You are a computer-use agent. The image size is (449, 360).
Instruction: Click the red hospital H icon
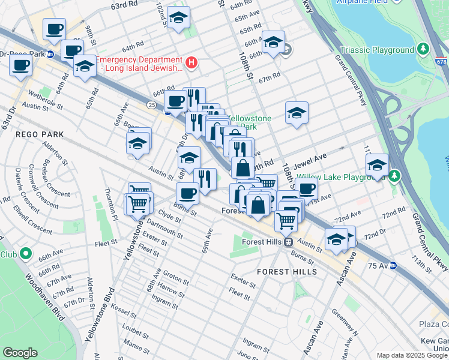tap(191, 62)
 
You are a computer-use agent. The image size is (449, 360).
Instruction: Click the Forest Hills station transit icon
tap(288, 242)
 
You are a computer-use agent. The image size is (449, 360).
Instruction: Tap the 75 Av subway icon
tap(393, 265)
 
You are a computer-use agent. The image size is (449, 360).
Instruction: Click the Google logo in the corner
tap(20, 353)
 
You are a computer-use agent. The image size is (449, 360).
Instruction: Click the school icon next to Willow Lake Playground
tap(377, 166)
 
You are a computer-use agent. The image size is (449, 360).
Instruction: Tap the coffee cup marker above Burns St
tap(187, 194)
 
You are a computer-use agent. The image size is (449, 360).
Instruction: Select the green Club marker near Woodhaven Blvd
tap(25, 254)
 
